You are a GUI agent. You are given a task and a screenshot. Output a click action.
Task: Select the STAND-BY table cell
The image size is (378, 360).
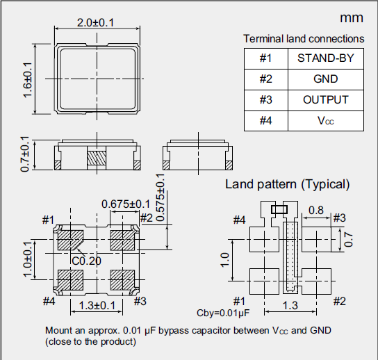tap(325, 58)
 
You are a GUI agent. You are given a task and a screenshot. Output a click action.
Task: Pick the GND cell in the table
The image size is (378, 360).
tap(325, 79)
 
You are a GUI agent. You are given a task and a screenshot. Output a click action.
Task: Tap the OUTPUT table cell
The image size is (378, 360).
tap(325, 99)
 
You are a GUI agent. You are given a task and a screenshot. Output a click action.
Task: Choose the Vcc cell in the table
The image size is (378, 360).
tap(325, 120)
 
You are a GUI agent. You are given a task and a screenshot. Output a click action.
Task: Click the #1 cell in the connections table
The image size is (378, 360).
tap(265, 58)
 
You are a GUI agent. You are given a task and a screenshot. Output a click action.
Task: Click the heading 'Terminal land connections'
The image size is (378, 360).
tap(304, 39)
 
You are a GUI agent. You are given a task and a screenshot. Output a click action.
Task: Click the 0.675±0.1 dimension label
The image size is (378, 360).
tap(126, 204)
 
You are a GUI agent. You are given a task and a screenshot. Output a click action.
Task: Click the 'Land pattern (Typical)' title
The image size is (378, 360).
tap(287, 184)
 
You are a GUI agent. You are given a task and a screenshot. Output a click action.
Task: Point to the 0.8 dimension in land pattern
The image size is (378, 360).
tap(315, 210)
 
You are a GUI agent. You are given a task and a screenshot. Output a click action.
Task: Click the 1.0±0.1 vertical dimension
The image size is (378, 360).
tap(28, 259)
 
